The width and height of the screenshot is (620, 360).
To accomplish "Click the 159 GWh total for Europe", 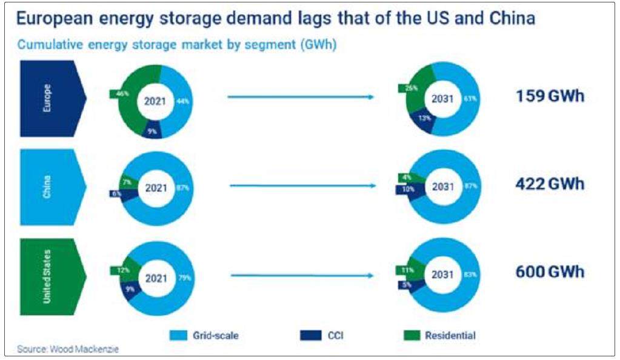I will coord(550,96).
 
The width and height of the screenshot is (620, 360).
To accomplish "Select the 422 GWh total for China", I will coord(550,184).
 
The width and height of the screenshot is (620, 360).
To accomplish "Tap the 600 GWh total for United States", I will coord(550,272).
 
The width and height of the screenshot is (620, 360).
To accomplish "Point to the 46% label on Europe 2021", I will coord(122,94).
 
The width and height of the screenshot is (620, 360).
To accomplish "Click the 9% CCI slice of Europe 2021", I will coord(152,129).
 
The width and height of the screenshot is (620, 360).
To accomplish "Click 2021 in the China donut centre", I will coord(156,188).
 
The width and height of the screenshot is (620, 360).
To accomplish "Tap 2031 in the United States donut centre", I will coord(442,275).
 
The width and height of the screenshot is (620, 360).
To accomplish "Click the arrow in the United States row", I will coord(301,275).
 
